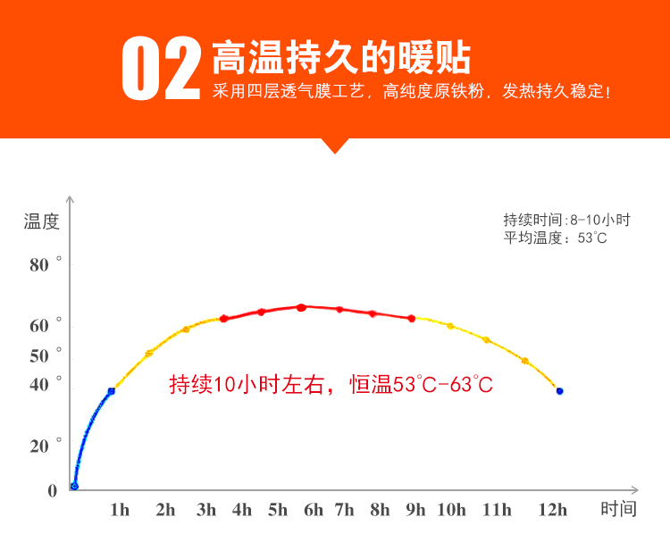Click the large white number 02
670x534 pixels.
coord(161,68)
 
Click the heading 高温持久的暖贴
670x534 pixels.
coord(341,57)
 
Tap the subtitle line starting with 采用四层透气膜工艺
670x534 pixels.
coord(412,91)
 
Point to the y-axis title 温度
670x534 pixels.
coord(41,221)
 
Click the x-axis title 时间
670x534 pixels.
coord(619,509)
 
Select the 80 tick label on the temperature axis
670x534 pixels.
coord(39,265)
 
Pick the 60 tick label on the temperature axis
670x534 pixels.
coord(39,326)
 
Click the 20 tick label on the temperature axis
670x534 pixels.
coord(39,446)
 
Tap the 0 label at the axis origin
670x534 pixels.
coord(52,491)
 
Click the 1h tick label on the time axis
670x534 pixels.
coord(120,510)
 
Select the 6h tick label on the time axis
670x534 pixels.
coord(314,510)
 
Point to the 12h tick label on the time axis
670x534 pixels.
coord(552,510)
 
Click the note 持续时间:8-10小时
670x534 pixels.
coord(566,220)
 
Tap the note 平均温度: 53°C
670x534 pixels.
coord(555,238)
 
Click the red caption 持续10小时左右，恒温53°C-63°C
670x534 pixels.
coord(331,384)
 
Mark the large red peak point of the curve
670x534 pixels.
coord(301,307)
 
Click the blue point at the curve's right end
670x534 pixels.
coord(560,391)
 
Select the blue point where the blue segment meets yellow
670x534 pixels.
coord(112,391)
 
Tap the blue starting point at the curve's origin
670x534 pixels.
coord(74,486)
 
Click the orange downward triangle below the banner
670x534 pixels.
coord(335,146)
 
